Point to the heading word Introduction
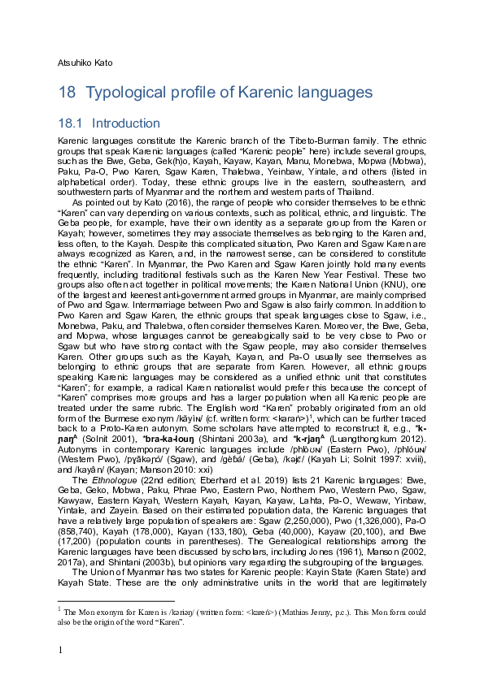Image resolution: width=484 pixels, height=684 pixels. click(126, 123)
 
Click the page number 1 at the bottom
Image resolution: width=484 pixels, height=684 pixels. click(60, 648)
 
